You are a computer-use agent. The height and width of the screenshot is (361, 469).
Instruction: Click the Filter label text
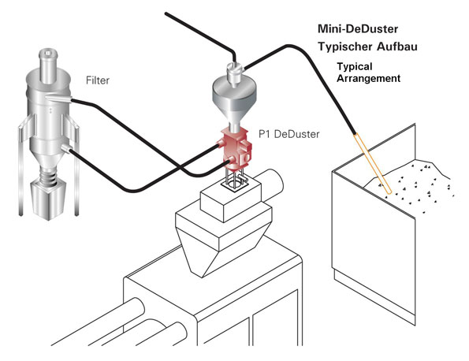point(98,80)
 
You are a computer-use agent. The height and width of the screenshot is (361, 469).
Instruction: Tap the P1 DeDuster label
point(289,134)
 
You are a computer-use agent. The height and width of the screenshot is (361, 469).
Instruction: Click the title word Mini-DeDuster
point(358,29)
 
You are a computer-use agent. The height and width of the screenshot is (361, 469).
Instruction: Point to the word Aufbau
point(397,47)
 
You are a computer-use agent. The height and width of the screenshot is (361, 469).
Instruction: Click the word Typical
point(355,67)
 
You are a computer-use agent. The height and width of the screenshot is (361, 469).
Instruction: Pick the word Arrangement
point(369,78)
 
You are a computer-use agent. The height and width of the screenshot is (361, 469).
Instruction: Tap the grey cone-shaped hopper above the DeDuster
point(235,95)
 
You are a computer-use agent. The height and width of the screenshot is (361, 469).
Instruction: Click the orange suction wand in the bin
point(372,164)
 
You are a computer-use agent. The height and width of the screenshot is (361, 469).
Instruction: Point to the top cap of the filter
point(47,65)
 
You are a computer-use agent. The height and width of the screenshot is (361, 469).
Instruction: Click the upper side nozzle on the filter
point(58,98)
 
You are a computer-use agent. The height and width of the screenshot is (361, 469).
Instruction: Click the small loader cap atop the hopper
point(234,73)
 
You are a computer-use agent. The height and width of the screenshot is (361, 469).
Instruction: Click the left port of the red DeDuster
point(221,146)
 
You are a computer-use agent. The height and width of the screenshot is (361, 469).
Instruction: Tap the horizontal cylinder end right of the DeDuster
point(274,184)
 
